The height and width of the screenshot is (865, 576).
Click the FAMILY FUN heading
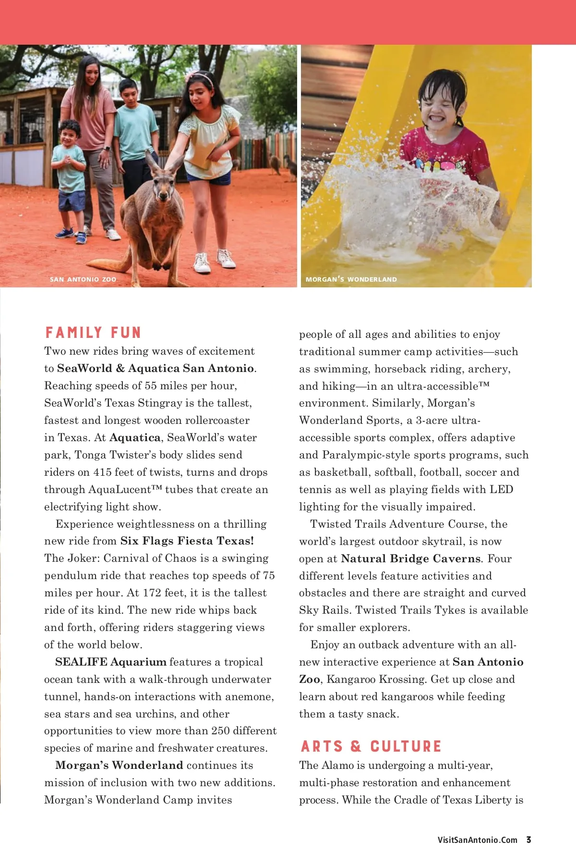point(93,333)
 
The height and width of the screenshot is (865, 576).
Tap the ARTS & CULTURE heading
point(371,746)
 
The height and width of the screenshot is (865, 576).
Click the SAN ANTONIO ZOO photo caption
point(83,279)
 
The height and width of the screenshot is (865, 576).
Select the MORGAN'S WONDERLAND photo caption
point(351,279)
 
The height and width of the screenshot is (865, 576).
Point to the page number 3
point(528,840)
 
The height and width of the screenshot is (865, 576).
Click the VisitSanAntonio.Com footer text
point(477,840)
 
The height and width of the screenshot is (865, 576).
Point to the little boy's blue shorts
point(72,201)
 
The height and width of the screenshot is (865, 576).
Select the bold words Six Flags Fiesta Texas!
point(187,541)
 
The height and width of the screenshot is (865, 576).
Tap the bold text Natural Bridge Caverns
point(410,558)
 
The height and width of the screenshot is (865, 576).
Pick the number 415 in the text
point(103,472)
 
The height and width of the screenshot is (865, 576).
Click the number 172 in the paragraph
point(152,593)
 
